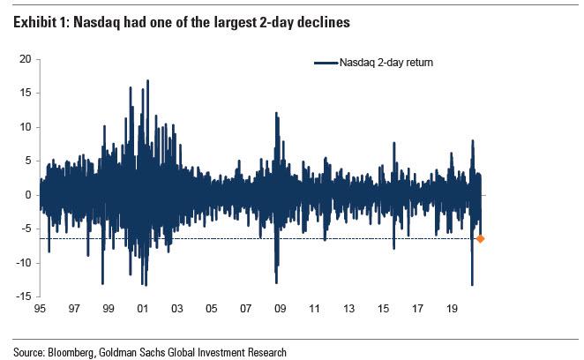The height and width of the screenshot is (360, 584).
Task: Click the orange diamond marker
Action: point(480,238)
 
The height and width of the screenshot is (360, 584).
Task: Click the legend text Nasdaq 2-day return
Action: point(386,63)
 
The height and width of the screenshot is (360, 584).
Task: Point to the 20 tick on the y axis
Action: point(26,59)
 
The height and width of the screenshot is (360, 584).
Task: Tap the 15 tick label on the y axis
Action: point(26,93)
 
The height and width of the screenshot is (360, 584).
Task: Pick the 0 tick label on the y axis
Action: point(28,195)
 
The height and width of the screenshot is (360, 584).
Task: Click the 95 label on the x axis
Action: point(40,311)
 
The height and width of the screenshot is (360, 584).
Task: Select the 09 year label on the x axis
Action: point(280,311)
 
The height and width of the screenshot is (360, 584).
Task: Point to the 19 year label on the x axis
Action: point(451,311)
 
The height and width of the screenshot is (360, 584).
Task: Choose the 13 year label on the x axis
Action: point(348,311)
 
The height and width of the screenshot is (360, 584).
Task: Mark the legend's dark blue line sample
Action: point(326,63)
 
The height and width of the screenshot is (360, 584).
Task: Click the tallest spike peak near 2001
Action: point(147,80)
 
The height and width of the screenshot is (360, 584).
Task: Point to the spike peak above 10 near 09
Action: point(276,113)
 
